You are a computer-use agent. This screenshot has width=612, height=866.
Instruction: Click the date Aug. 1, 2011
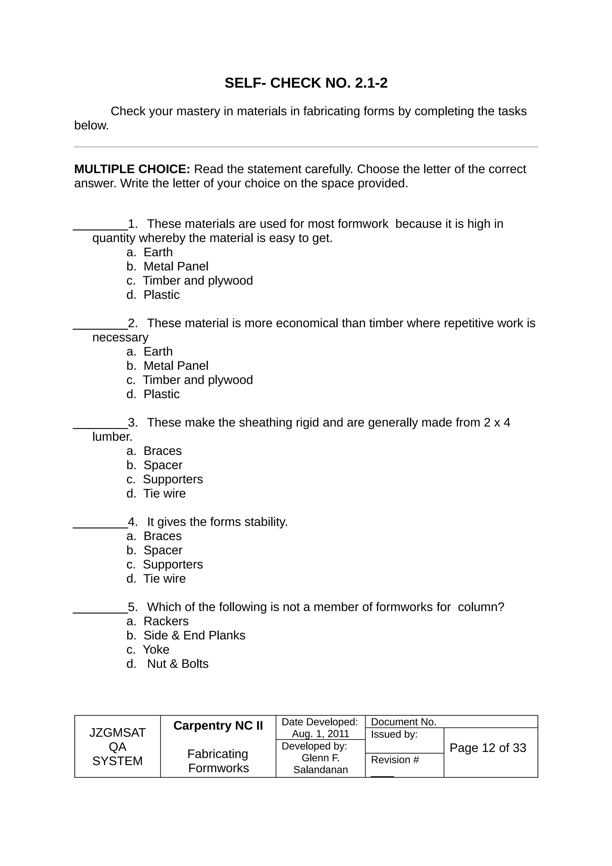(x=321, y=734)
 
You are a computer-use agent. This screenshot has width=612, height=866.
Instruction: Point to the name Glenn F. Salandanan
(x=321, y=764)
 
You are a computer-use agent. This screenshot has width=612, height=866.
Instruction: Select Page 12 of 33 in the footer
(x=488, y=748)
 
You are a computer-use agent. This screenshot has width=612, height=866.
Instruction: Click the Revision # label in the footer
(x=395, y=760)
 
